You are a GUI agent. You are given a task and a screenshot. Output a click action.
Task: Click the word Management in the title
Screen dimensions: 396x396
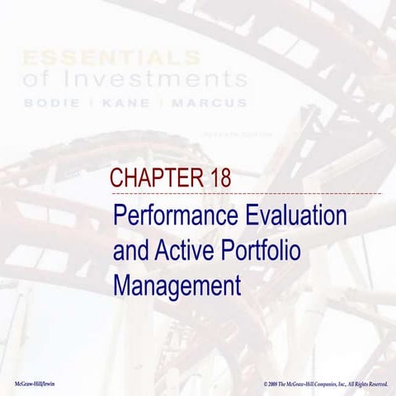click(x=177, y=286)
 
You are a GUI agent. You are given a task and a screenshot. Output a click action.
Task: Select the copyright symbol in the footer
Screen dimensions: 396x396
click(x=266, y=384)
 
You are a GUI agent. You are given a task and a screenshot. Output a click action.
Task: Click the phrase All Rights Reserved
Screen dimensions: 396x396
click(x=364, y=384)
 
